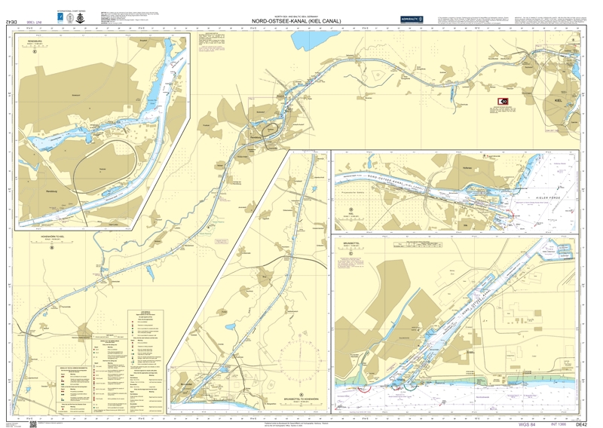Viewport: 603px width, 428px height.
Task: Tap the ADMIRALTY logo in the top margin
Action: (412, 20)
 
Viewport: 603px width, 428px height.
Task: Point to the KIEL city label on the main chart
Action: (559, 99)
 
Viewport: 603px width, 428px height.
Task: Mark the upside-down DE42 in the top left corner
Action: (11, 23)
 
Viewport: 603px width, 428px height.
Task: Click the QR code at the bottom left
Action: (33, 423)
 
